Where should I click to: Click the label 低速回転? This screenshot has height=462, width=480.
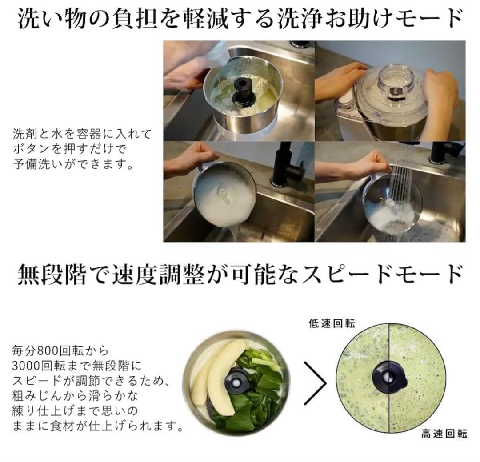[332, 323]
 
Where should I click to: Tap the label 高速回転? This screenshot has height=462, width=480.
[444, 434]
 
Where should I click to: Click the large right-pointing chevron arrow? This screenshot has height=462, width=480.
[315, 383]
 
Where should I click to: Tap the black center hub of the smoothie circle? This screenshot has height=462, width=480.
[389, 378]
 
